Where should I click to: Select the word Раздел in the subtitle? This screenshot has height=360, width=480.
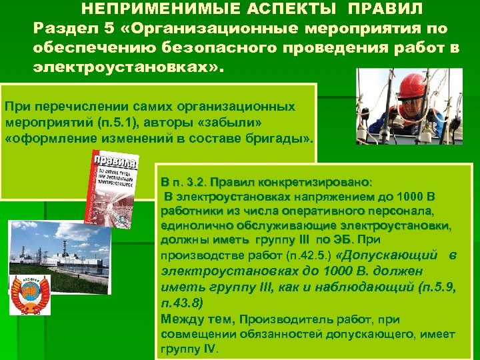coord(63,29)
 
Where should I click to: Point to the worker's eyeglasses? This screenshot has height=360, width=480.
coord(415,102)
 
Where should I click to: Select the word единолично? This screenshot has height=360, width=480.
coord(190,225)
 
